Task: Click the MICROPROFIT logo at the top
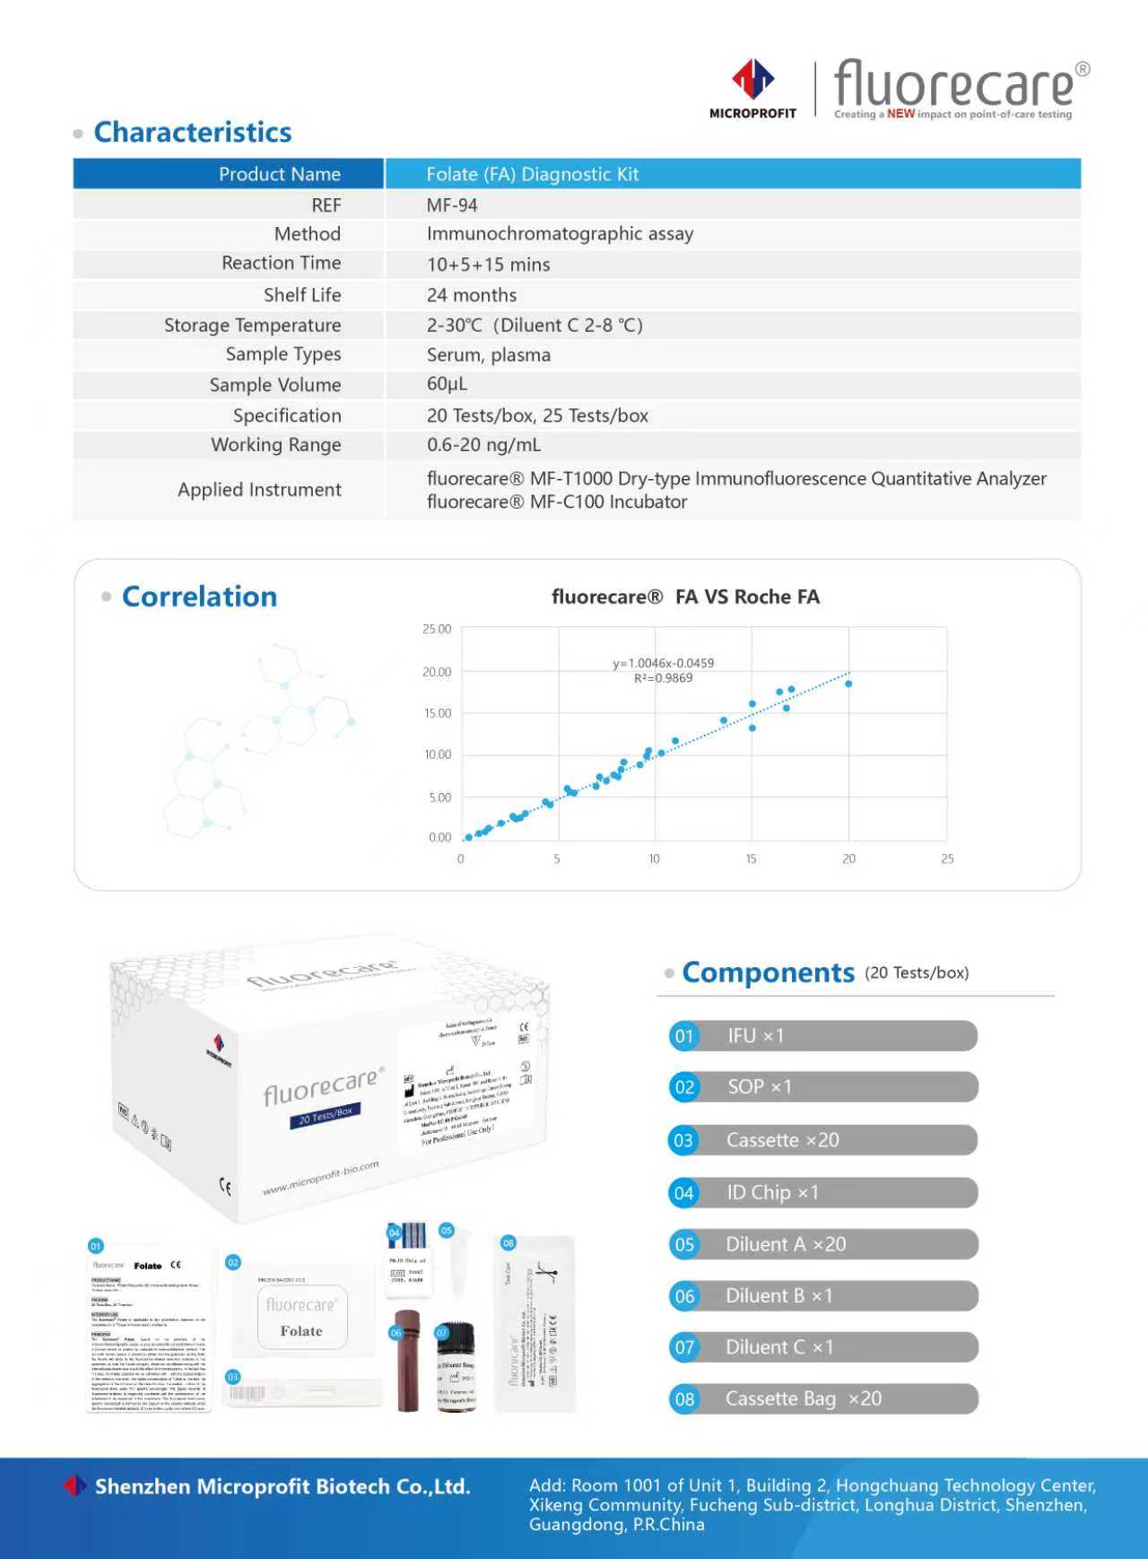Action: tap(752, 89)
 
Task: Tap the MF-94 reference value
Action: tap(452, 205)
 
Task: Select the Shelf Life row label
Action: tap(302, 295)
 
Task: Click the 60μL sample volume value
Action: tap(447, 384)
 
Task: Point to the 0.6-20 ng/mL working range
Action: tap(483, 445)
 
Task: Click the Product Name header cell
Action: tap(279, 174)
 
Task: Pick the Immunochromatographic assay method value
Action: tap(560, 234)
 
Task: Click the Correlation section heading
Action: tap(199, 597)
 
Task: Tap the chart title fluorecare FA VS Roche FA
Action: tap(685, 597)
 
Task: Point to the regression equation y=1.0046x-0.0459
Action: tap(664, 663)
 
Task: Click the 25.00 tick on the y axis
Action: tap(437, 629)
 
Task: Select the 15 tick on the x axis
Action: tap(751, 858)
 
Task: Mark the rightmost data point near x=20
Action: tap(848, 684)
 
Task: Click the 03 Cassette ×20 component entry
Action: tap(822, 1140)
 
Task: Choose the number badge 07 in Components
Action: tap(684, 1347)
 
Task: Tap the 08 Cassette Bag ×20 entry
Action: tap(822, 1398)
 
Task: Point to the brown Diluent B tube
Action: tap(408, 1359)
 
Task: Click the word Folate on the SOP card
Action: tap(300, 1331)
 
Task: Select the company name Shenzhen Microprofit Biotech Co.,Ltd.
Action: tap(283, 1486)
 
